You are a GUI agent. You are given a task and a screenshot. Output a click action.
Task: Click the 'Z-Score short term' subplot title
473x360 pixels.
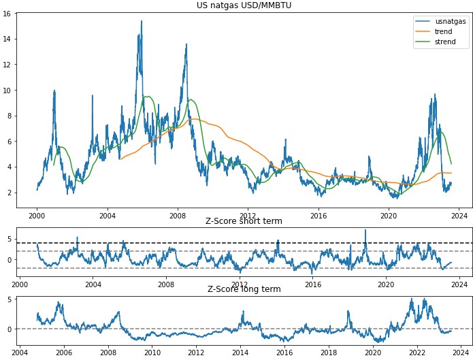pos(244,221)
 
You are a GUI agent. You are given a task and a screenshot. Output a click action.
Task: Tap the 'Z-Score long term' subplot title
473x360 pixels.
pos(244,289)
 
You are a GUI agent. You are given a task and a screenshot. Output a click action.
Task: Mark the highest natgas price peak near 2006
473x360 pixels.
pos(142,21)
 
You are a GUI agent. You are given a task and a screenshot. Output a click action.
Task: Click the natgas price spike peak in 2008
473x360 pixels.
pos(186,45)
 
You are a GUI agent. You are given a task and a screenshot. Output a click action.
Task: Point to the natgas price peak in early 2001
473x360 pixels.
pos(54,91)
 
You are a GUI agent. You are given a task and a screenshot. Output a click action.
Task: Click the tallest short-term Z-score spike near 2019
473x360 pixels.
pos(365,230)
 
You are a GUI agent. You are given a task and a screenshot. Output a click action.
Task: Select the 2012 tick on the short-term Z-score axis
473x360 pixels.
pos(240,284)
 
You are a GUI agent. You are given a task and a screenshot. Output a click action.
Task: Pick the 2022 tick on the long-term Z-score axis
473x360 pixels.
pos(417,352)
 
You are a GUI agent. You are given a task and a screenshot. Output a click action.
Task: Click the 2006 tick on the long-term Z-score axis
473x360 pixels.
pos(64,352)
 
